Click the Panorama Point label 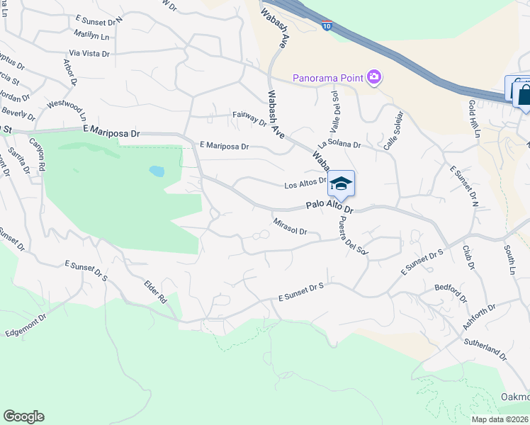point(328,77)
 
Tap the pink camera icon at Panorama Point point(374,77)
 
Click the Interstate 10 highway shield point(326,25)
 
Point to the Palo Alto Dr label point(329,207)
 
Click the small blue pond point(157,171)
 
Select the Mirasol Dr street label point(290,227)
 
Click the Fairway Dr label point(249,118)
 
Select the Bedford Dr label point(451,293)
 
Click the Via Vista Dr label point(89,53)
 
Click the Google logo point(23,416)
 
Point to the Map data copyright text point(500,419)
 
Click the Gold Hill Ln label point(474,118)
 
